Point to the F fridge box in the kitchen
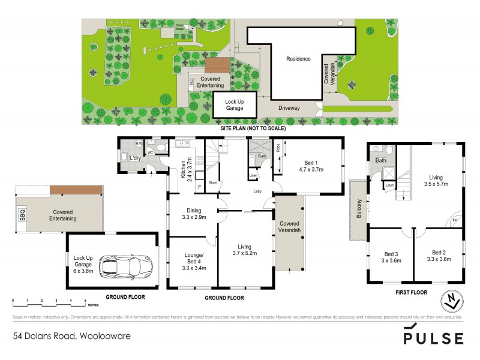pos(199,187)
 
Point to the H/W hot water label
pos(139,143)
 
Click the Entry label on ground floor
pos(257,191)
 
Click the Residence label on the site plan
pos(298,59)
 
